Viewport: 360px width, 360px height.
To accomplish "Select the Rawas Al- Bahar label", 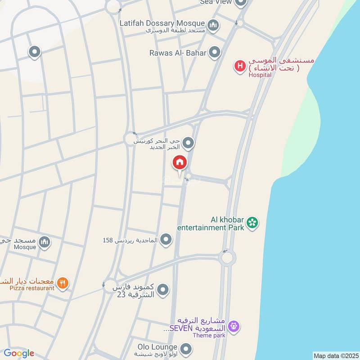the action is coord(178,53).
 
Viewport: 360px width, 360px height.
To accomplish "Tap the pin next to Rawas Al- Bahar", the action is coord(215,53).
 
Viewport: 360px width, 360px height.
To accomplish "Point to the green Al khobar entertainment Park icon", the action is coord(252,222).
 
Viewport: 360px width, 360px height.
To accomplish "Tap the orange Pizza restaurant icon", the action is coord(63,283).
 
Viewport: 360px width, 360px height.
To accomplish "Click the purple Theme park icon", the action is coord(233,325).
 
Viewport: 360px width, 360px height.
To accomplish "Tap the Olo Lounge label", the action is coord(157,347).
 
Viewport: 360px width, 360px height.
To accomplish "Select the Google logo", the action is coord(19,353).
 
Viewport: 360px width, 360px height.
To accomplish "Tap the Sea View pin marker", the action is coord(241,3).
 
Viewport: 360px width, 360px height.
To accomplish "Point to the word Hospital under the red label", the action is coord(260,75).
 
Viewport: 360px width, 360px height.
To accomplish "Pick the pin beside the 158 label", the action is coord(166,239).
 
